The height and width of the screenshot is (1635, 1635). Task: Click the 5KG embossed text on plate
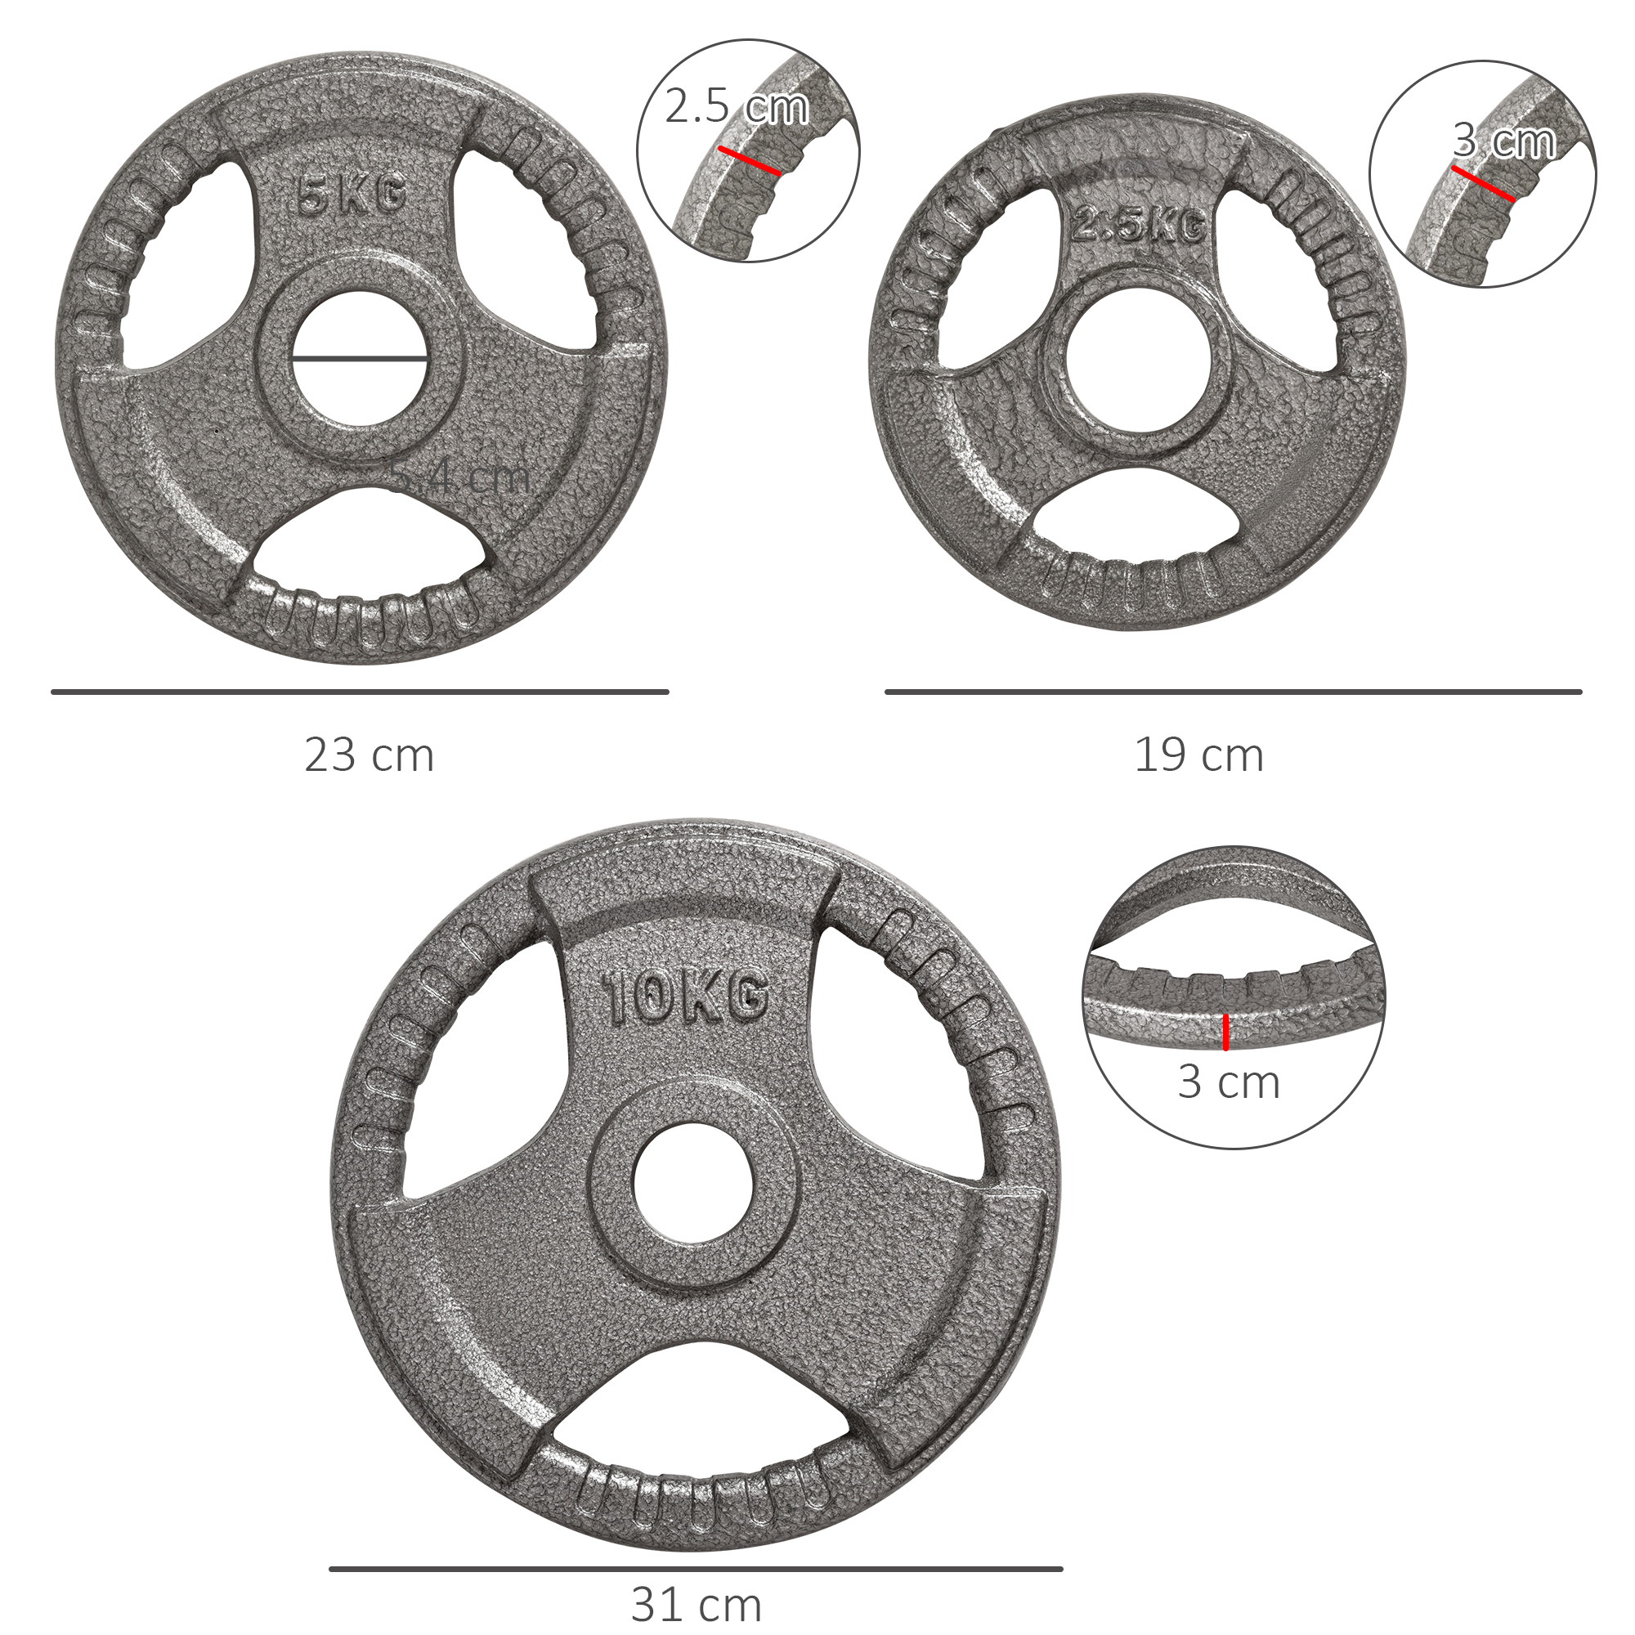pyautogui.click(x=352, y=198)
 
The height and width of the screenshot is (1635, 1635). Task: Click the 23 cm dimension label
pyautogui.click(x=369, y=755)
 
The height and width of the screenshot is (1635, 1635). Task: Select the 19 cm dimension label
pyautogui.click(x=1198, y=755)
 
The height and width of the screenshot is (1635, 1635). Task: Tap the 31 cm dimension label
pyautogui.click(x=696, y=1605)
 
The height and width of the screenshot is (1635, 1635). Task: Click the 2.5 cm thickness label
pyautogui.click(x=737, y=107)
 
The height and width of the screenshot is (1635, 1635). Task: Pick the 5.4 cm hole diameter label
pyautogui.click(x=461, y=479)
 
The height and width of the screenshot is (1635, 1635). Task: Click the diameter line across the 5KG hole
pyautogui.click(x=360, y=359)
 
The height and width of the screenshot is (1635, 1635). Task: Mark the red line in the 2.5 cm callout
pyautogui.click(x=749, y=162)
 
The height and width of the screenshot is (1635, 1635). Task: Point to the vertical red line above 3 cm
pyautogui.click(x=1225, y=1032)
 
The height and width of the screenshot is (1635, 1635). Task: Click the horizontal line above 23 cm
pyautogui.click(x=360, y=692)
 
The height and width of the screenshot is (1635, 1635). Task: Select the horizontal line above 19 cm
pyautogui.click(x=1233, y=692)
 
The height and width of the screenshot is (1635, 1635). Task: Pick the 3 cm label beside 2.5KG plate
pyautogui.click(x=1505, y=141)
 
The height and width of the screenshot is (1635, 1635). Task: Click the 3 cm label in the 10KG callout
pyautogui.click(x=1228, y=1083)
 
